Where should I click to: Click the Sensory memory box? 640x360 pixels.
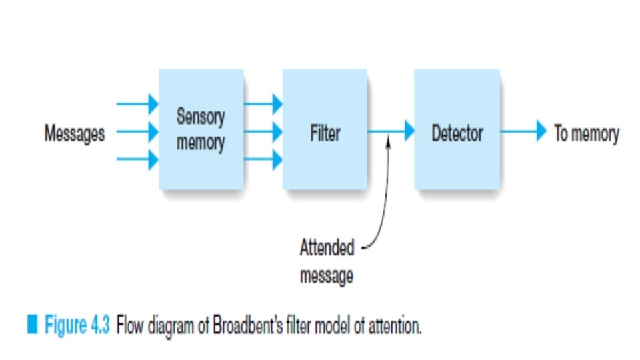pos(201,129)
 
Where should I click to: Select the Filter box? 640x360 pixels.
pos(325,129)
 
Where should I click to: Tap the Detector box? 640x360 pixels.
pos(457,129)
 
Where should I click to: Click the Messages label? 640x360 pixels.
pos(75,134)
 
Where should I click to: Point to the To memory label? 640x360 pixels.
pos(586,133)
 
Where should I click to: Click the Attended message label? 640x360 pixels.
pos(327,262)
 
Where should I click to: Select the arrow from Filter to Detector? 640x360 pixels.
pos(391,131)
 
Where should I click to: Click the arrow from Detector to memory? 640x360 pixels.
pos(523,131)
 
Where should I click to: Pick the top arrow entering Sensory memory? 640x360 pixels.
pos(137,104)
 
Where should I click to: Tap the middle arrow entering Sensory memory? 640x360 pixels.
pos(137,132)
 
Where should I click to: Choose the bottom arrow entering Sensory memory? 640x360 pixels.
pos(137,160)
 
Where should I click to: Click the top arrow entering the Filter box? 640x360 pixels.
pos(263,104)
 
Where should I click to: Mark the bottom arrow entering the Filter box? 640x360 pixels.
pos(263,160)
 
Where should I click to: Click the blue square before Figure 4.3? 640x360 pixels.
pos(31,327)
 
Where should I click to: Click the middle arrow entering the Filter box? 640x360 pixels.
pos(263,132)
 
